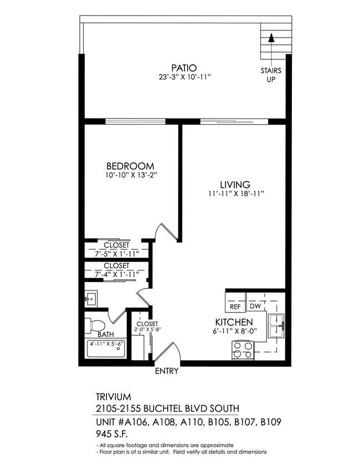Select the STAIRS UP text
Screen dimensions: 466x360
(271, 75)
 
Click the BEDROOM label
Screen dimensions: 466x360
(130, 166)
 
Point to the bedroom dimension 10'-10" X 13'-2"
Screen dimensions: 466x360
(130, 176)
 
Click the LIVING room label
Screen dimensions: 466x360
(234, 184)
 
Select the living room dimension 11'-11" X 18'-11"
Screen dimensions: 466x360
(234, 193)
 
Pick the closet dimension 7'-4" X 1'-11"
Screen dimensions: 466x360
(116, 274)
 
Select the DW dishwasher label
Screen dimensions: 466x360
(255, 306)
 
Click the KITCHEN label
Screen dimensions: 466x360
(234, 322)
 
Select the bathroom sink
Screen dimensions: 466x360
(91, 300)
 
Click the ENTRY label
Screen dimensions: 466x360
(166, 371)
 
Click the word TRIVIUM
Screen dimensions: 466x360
(113, 397)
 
